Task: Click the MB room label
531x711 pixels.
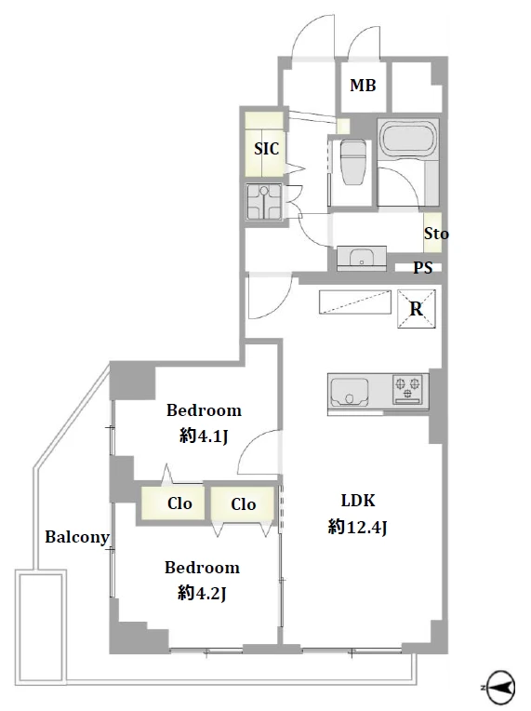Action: (363, 86)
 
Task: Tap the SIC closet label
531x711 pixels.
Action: (266, 149)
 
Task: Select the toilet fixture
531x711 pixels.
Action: (353, 162)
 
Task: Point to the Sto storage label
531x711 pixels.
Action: (436, 234)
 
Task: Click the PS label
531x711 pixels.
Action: (422, 268)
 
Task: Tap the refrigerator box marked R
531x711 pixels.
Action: (417, 309)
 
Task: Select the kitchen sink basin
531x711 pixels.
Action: (350, 392)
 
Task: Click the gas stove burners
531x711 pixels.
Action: (408, 389)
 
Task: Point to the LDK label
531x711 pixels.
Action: (358, 501)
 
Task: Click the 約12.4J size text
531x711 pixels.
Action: (357, 527)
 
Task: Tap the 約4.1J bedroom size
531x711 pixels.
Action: (204, 436)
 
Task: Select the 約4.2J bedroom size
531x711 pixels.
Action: (202, 593)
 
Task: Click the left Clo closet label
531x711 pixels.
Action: (179, 503)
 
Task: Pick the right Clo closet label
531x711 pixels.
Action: (244, 504)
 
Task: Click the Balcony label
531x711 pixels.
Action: (77, 537)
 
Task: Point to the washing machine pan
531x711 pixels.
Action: (264, 202)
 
